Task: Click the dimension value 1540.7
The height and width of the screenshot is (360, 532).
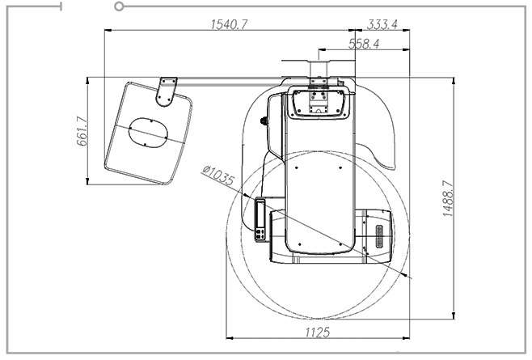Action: point(229,24)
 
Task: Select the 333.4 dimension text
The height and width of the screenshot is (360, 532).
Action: point(382,24)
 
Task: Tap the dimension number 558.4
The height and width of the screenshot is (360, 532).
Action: point(364,44)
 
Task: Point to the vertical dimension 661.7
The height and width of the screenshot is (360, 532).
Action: point(82,131)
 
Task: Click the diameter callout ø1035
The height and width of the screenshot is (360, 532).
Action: point(218,176)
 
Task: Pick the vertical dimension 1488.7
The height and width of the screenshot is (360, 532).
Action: point(448,199)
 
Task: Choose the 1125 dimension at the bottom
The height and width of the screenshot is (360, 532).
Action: point(318,332)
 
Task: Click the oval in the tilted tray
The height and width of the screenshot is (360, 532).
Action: point(148,133)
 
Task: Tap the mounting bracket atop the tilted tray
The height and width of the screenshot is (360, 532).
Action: point(167,92)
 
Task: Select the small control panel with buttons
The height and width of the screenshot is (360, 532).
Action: point(260,220)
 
